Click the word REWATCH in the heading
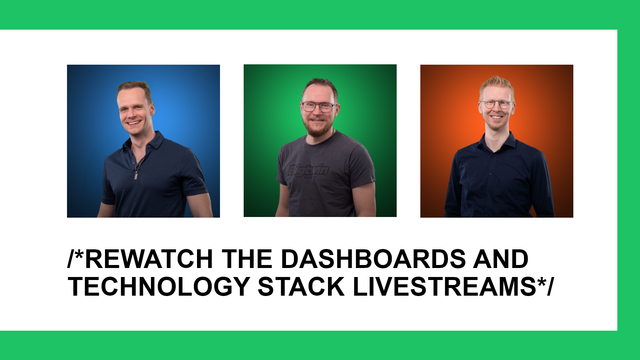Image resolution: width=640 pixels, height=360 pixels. click(x=149, y=259)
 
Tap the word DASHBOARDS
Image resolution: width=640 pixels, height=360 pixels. click(x=373, y=259)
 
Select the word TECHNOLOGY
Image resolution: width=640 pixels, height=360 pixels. click(x=159, y=286)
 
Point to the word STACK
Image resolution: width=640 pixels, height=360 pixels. click(x=301, y=286)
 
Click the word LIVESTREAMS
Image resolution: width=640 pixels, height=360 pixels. click(x=444, y=286)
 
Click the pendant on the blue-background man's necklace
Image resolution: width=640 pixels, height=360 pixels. click(x=136, y=176)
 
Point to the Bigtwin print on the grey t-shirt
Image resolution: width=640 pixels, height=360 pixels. click(x=309, y=170)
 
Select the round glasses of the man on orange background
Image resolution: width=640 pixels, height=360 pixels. click(x=497, y=104)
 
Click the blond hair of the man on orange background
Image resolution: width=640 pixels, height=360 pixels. click(x=497, y=83)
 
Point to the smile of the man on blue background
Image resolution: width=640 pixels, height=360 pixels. click(x=134, y=123)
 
